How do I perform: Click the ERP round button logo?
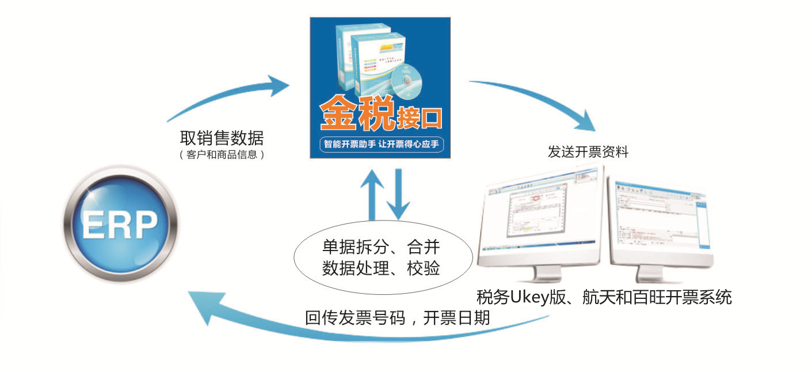120,223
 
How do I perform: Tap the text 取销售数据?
222,139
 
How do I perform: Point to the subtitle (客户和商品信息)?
222,155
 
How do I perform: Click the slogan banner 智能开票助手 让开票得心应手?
380,144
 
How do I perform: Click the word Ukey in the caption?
538,298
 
